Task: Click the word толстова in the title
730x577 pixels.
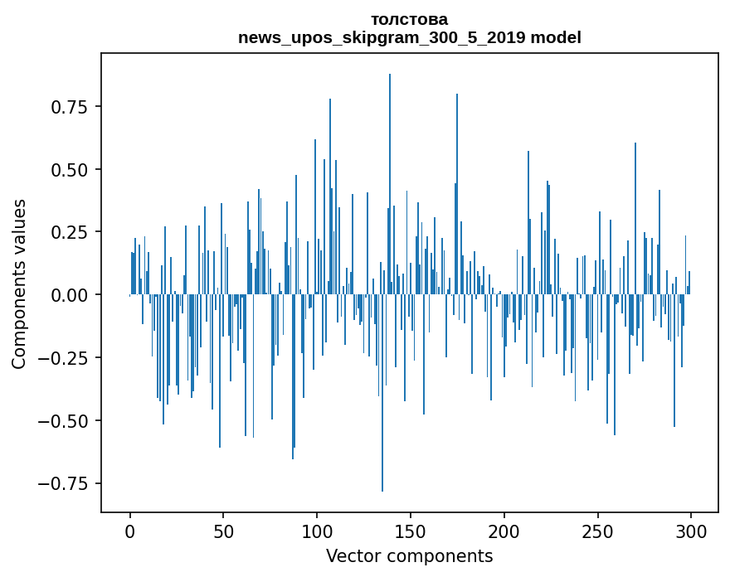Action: click(x=409, y=19)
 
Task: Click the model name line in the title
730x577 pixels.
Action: click(x=409, y=37)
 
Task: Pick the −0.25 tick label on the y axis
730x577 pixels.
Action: click(x=70, y=358)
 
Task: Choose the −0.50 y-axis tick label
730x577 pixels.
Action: click(x=70, y=421)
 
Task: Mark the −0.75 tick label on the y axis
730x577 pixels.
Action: click(x=70, y=483)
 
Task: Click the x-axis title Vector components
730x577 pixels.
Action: click(x=409, y=556)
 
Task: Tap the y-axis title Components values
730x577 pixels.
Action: click(x=19, y=284)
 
